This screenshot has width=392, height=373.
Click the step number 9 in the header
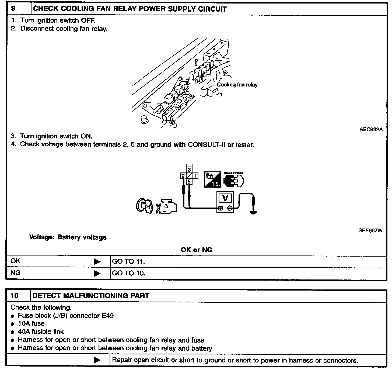coord(13,9)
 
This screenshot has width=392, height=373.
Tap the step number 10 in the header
coord(15,296)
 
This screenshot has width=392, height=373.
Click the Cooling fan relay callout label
coord(237,85)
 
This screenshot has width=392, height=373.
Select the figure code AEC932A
coord(371,129)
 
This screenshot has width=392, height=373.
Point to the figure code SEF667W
coord(370,230)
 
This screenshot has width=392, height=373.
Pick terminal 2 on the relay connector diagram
coord(183,176)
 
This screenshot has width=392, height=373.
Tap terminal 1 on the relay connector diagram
coord(195,176)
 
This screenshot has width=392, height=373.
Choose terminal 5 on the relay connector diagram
coord(189,182)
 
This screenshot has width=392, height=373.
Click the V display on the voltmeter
coord(226,198)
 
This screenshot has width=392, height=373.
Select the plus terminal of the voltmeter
coord(220,208)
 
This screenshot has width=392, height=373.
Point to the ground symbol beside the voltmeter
coord(253,213)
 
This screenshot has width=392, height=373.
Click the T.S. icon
coord(212,180)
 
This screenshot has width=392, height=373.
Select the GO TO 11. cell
coord(128,261)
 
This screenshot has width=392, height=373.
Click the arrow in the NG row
coord(97,273)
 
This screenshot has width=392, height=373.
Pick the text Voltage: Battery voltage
coord(68,237)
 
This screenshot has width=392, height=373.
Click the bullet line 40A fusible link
coord(41,332)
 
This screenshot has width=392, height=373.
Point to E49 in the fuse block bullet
coord(107,316)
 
